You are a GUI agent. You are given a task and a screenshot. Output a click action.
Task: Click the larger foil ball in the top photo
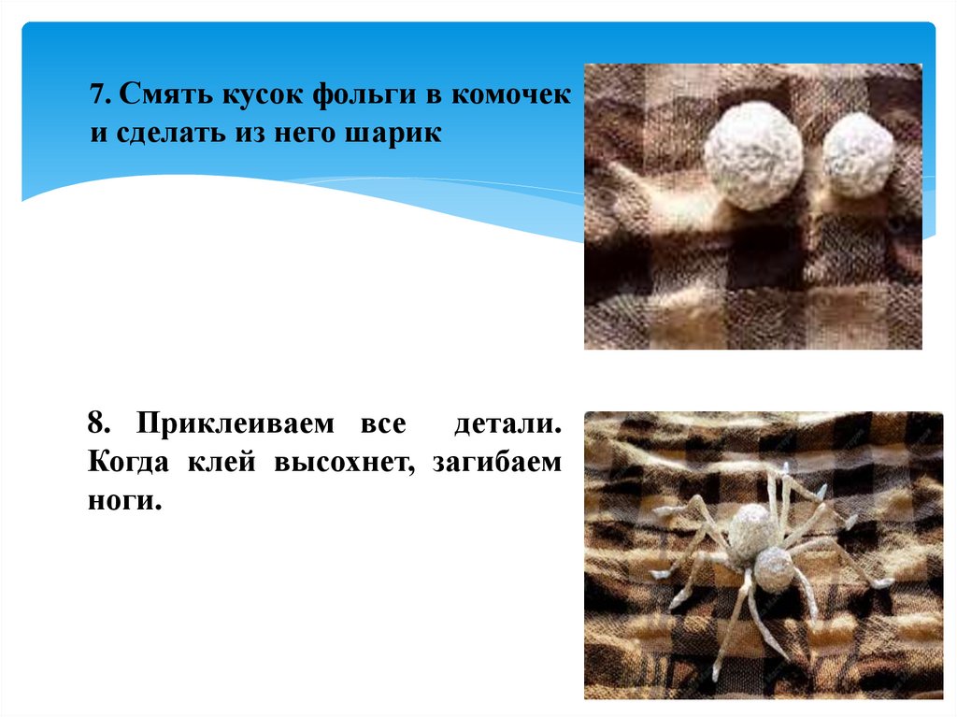[752, 155]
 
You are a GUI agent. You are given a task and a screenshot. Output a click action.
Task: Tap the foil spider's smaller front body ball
[774, 568]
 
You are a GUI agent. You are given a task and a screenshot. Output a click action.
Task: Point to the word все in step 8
[382, 423]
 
